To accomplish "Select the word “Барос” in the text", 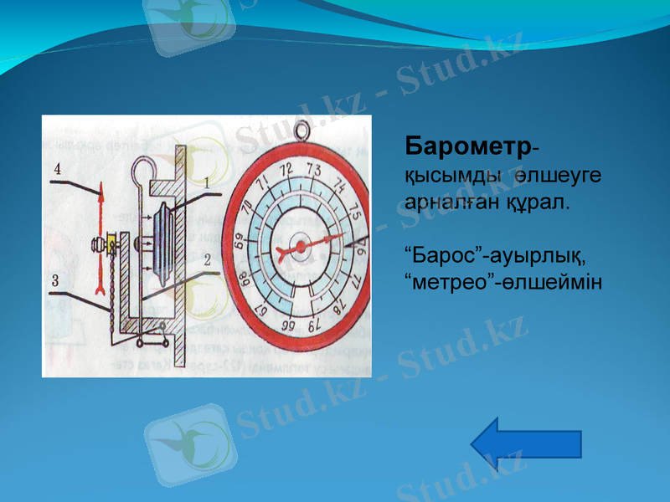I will (x=440, y=254).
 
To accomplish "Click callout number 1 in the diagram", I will (x=206, y=182).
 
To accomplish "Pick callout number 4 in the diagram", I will (x=57, y=169).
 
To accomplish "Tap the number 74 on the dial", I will (x=341, y=186).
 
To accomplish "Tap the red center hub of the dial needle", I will (x=299, y=248).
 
